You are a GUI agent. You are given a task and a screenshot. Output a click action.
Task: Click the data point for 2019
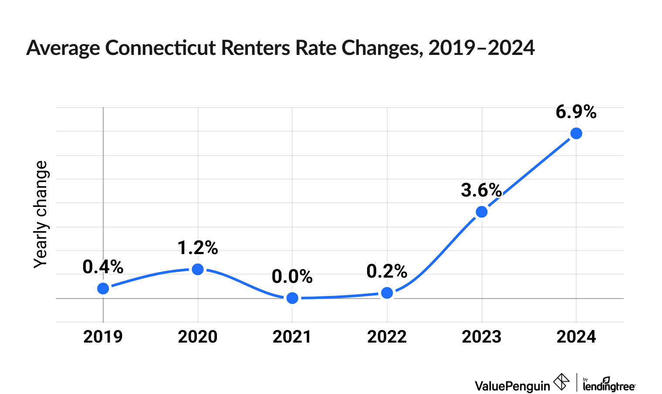pos(103,289)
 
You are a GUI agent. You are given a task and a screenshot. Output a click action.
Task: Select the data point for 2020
pos(198,269)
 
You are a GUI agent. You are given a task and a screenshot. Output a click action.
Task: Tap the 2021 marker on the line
pos(293,298)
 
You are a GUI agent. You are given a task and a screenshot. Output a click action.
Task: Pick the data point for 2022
pos(387,293)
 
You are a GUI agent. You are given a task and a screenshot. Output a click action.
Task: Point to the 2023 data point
pos(482,212)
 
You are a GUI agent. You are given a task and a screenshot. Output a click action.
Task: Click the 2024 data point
pos(576,133)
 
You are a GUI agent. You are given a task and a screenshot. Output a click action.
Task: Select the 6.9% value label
pos(576,112)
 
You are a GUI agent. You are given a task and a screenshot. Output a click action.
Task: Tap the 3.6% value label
pos(481,190)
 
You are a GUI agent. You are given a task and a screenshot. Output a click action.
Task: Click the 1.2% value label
pos(198,248)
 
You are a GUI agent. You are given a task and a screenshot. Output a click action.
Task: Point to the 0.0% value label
pos(292,277)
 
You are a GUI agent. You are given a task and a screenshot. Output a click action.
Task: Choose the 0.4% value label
pos(103,267)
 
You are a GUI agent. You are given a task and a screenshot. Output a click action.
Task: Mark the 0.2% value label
pos(387,272)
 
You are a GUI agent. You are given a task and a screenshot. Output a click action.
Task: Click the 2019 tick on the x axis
pos(103,337)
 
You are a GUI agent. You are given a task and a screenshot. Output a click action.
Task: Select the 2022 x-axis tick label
pos(387,337)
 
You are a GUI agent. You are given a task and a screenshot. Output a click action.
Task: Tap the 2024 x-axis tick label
pos(576,337)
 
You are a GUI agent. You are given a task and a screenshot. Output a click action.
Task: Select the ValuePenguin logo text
pos(512,386)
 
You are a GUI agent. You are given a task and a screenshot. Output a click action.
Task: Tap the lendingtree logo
pos(609,384)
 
